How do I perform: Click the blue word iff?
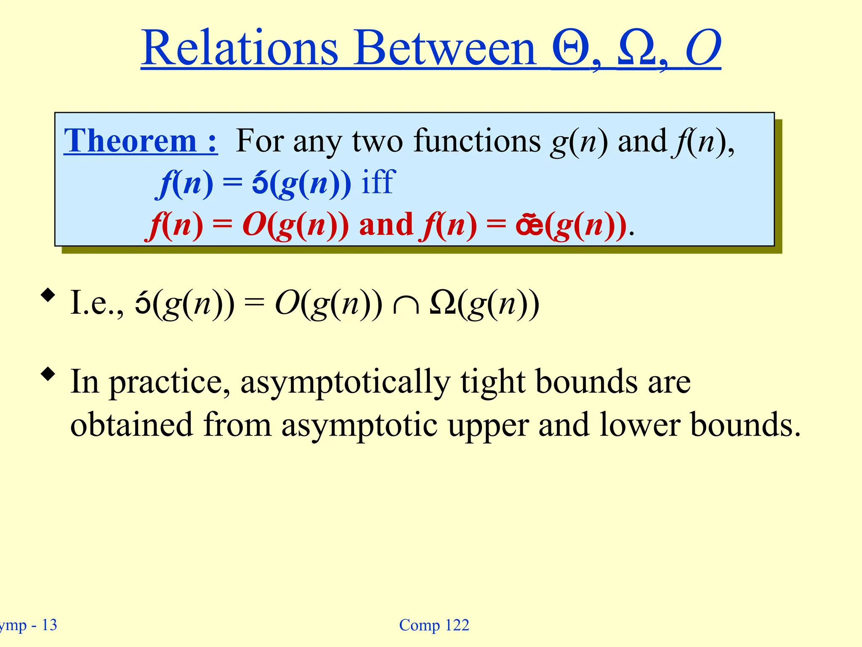tap(378, 182)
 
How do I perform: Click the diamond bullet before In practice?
tap(48, 374)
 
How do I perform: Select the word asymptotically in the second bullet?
tap(345, 382)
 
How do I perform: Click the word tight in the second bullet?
tap(492, 382)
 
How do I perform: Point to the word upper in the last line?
tap(488, 425)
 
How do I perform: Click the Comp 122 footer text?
tap(434, 625)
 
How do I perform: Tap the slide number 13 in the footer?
tap(49, 625)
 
